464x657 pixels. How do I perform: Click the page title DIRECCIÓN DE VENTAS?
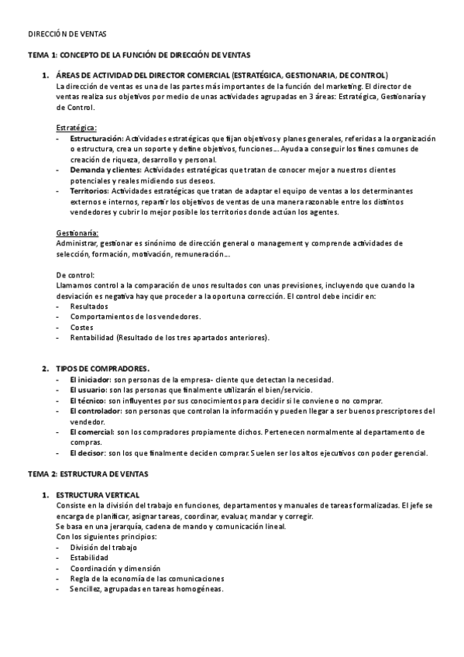(x=67, y=34)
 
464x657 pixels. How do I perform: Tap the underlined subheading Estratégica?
(x=77, y=126)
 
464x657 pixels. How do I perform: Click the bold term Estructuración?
(x=97, y=137)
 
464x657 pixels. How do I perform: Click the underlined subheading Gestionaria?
(x=78, y=232)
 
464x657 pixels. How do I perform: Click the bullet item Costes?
(x=82, y=327)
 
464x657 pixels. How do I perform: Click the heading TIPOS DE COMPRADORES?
(x=102, y=368)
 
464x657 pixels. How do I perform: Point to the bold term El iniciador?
(x=90, y=380)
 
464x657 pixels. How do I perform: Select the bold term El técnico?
(x=87, y=401)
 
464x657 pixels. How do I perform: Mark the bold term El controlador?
(x=95, y=411)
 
